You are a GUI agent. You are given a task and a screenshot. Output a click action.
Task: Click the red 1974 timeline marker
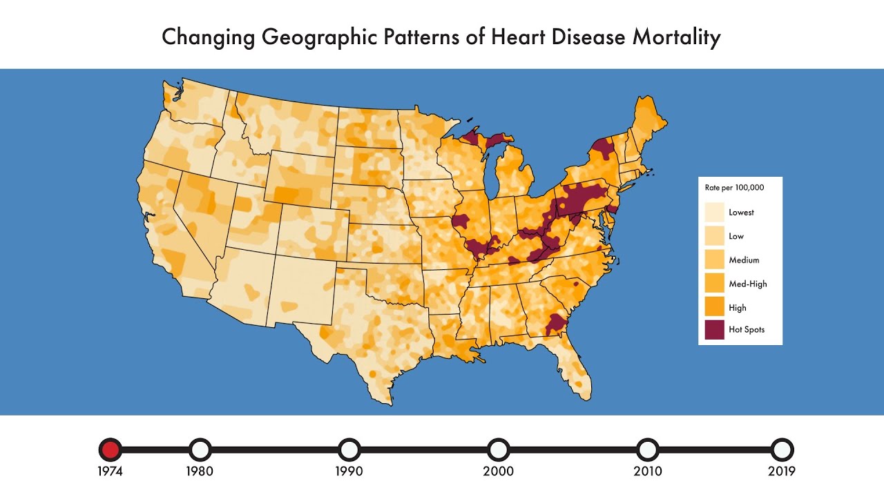tap(110, 450)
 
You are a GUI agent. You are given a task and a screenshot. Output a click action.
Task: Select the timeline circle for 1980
tap(200, 450)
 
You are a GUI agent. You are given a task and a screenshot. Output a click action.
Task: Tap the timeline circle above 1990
tap(349, 450)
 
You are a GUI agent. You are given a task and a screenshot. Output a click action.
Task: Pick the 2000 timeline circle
tap(498, 450)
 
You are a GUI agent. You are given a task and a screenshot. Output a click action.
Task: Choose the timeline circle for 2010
tap(647, 450)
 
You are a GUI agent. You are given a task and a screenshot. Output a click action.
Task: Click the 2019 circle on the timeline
tap(782, 450)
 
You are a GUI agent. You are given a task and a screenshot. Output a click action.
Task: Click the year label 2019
tap(782, 472)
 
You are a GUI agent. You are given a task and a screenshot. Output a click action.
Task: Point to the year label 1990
tap(349, 472)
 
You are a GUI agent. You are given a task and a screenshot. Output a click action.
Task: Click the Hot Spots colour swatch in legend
tap(714, 330)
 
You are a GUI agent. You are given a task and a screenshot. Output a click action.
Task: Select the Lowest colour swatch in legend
tap(714, 212)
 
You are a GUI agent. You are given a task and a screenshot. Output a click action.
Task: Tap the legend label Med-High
tap(747, 284)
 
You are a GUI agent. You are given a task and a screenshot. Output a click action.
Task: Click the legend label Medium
tap(744, 260)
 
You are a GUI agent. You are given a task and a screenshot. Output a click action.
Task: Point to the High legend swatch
tap(714, 306)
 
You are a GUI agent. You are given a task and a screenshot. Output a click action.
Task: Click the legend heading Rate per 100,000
tap(734, 187)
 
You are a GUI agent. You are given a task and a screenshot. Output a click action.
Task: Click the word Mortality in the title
tap(676, 37)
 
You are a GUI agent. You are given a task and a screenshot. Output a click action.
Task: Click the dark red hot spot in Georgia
tap(554, 323)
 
